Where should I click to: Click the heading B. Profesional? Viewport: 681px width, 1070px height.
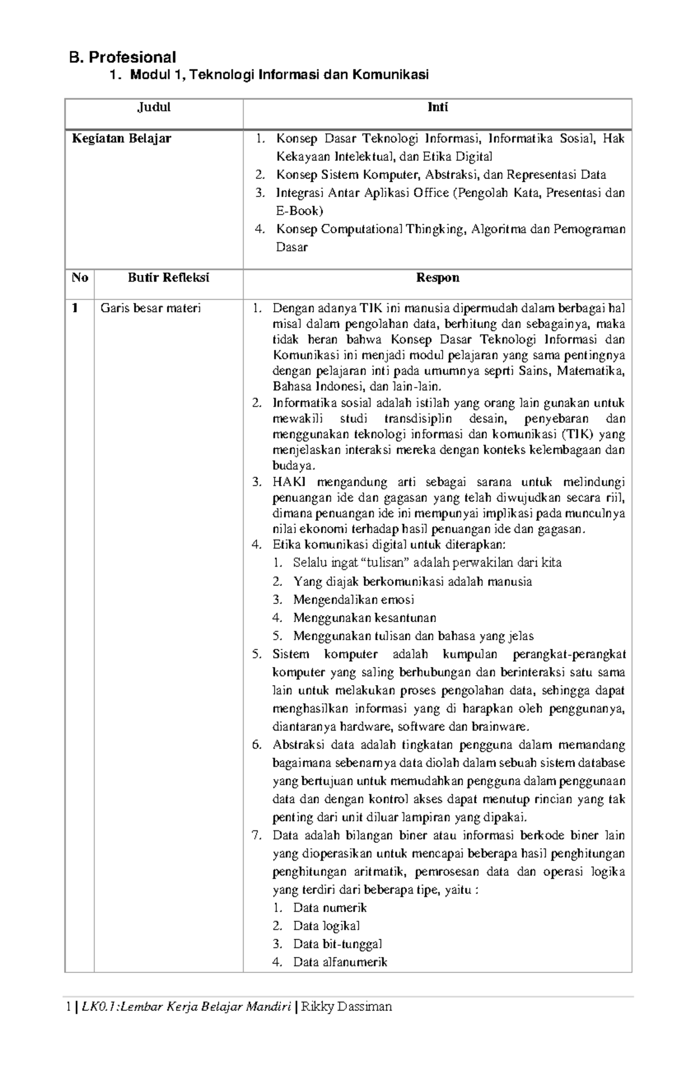(122, 57)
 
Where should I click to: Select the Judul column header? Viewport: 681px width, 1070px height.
(154, 108)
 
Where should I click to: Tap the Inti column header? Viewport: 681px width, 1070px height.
(438, 108)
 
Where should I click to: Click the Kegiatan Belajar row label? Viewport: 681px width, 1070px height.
(121, 139)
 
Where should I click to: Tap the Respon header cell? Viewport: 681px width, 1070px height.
(438, 278)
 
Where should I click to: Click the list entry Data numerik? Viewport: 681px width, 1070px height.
(330, 908)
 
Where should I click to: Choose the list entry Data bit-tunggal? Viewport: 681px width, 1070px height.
(337, 944)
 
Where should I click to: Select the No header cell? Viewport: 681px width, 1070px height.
(79, 278)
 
